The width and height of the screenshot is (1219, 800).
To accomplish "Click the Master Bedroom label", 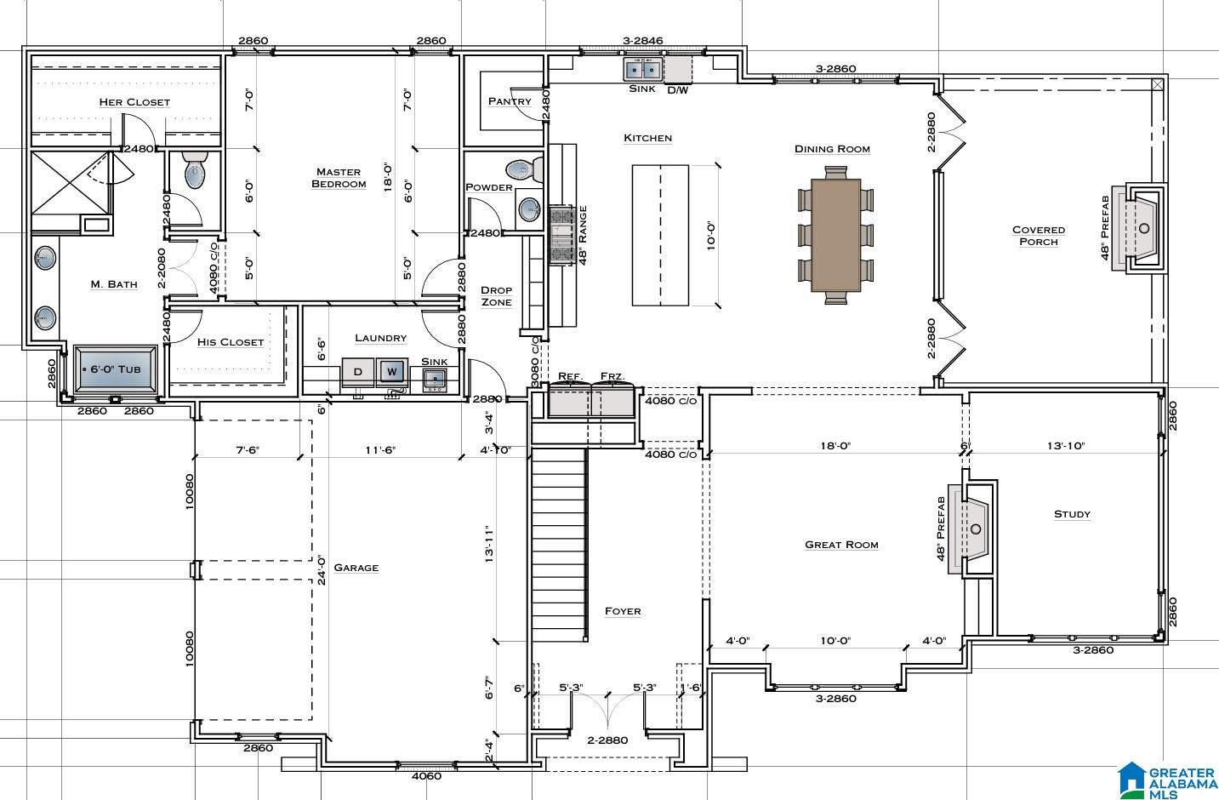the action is (339, 178).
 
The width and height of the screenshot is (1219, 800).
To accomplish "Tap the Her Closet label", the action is (134, 102).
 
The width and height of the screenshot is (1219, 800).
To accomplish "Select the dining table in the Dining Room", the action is (835, 235).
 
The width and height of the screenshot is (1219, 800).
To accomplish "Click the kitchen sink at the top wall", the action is (643, 70).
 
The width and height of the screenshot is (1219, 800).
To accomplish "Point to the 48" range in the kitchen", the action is (562, 236).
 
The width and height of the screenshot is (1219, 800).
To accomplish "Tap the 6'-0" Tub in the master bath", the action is (116, 369).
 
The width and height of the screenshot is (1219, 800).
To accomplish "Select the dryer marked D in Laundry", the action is (357, 372).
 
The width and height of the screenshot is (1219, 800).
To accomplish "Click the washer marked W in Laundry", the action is (392, 372).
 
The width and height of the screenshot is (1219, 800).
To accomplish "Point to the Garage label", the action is (356, 568).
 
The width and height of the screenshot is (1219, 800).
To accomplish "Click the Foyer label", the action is (623, 611).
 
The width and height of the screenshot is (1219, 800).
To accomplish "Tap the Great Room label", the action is (841, 545).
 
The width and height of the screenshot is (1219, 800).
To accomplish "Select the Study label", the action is (1072, 514).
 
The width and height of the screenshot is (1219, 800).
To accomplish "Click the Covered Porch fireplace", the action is (1140, 228).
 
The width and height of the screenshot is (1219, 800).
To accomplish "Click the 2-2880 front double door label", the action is (607, 740).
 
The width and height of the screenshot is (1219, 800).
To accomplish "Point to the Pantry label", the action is (510, 101).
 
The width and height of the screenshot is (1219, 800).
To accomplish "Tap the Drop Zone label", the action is (496, 296).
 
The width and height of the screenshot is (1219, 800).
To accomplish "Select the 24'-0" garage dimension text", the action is (322, 570).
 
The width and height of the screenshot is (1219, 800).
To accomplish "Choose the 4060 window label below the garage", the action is (426, 776).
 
